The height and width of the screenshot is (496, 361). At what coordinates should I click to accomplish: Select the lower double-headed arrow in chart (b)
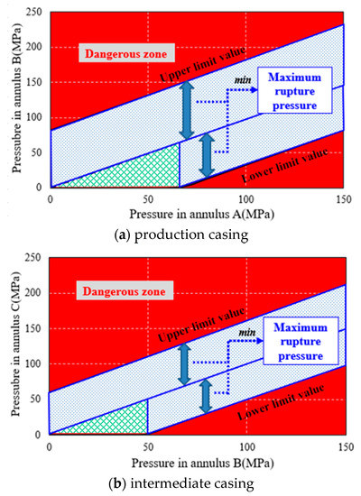(207, 397)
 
